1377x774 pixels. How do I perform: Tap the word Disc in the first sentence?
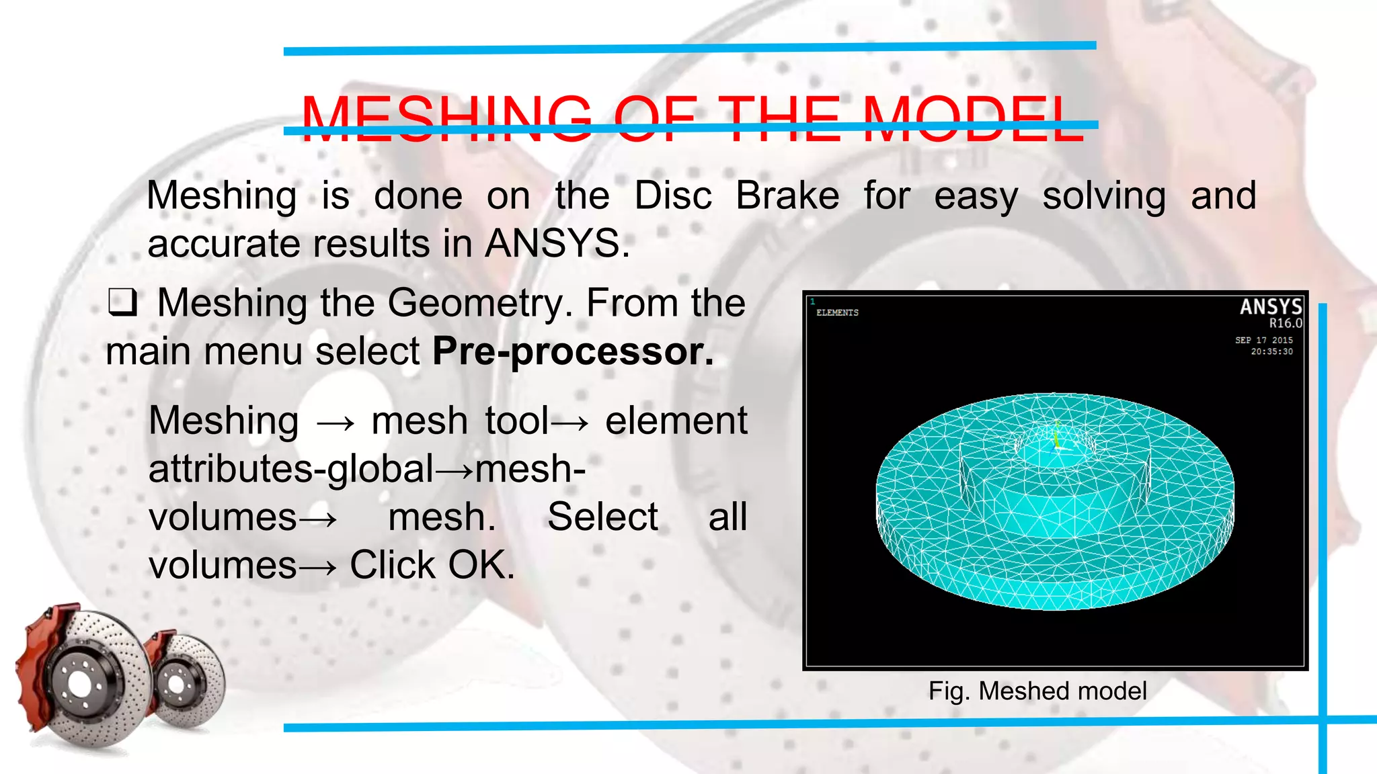672,196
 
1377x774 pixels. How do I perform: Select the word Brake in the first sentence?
787,196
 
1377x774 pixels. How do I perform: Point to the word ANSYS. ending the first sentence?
557,243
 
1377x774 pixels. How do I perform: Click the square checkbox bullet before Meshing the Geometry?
122,302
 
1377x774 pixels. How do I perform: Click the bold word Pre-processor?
573,351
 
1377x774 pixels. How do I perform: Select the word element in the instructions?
676,421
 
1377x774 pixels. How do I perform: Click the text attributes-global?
291,469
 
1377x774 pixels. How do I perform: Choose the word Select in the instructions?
602,517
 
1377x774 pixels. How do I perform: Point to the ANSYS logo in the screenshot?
1270,307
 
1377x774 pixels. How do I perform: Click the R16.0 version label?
1286,323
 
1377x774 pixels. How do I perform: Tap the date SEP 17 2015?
1263,341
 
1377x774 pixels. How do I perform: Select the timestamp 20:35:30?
1271,351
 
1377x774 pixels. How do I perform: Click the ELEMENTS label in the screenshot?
837,313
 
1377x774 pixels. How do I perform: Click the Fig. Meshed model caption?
1037,691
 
